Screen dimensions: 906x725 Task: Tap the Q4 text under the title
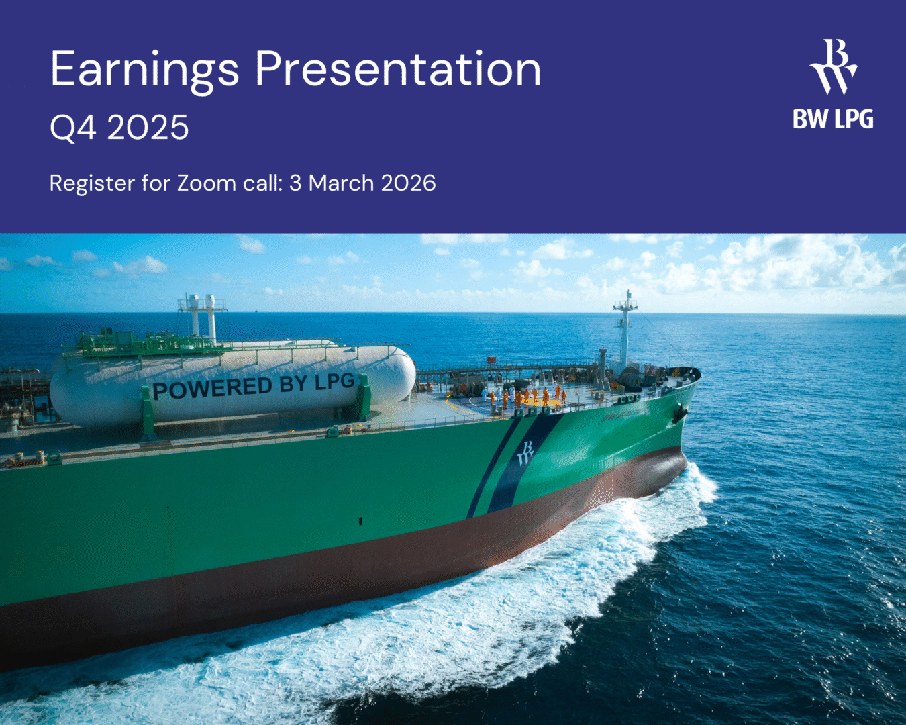point(72,128)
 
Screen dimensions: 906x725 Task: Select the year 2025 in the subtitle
point(148,127)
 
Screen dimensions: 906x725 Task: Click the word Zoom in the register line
point(206,184)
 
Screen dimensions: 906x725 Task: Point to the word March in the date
point(341,183)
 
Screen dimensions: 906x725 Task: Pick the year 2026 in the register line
point(409,183)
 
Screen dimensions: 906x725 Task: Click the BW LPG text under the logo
point(833,119)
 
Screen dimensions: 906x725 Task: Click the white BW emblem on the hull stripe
point(525,453)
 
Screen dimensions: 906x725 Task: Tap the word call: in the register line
point(262,183)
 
